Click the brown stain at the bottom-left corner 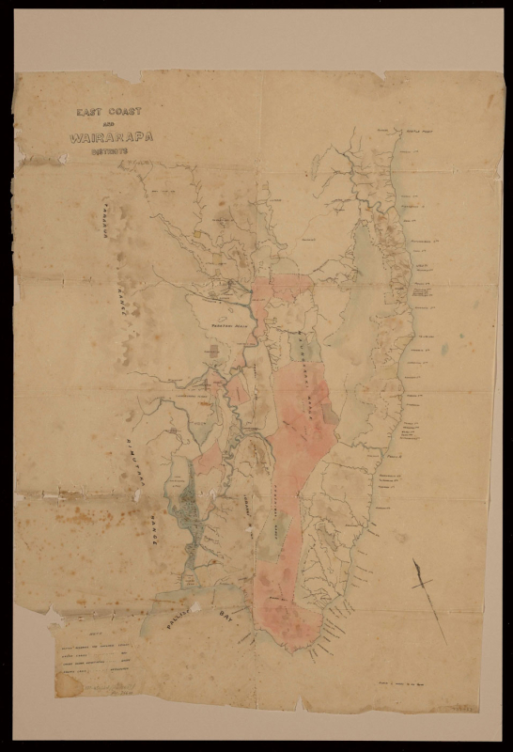coord(68,685)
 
